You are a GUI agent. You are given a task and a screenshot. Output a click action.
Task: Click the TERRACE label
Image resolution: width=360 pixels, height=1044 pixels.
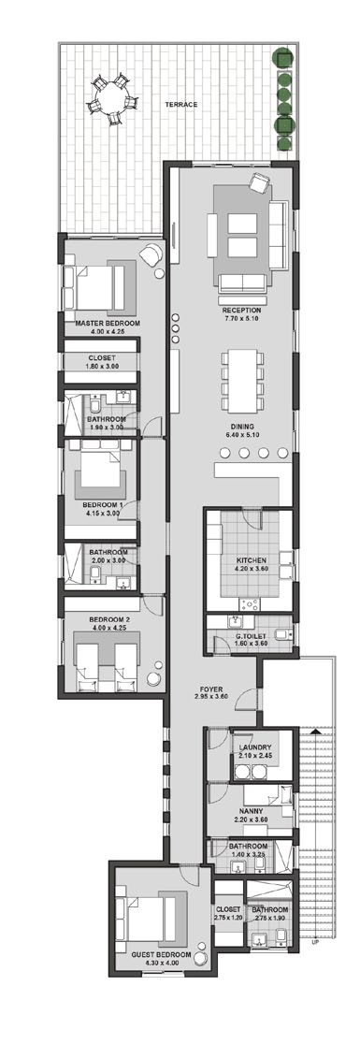click(x=181, y=105)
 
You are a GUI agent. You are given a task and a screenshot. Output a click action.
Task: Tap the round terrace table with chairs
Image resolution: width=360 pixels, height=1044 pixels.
click(x=109, y=99)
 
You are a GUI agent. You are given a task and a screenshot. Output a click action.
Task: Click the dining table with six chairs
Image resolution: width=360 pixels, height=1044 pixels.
click(x=240, y=377)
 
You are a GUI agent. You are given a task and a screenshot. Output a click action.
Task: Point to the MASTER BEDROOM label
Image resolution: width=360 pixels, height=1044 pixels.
click(x=108, y=323)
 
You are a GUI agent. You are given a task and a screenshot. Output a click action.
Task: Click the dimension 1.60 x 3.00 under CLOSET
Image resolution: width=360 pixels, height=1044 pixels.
click(x=102, y=367)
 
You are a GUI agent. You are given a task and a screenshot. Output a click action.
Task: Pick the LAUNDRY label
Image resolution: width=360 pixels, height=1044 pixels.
click(x=254, y=747)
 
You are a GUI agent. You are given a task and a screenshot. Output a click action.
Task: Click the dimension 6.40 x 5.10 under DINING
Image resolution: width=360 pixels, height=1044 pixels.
click(x=241, y=435)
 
